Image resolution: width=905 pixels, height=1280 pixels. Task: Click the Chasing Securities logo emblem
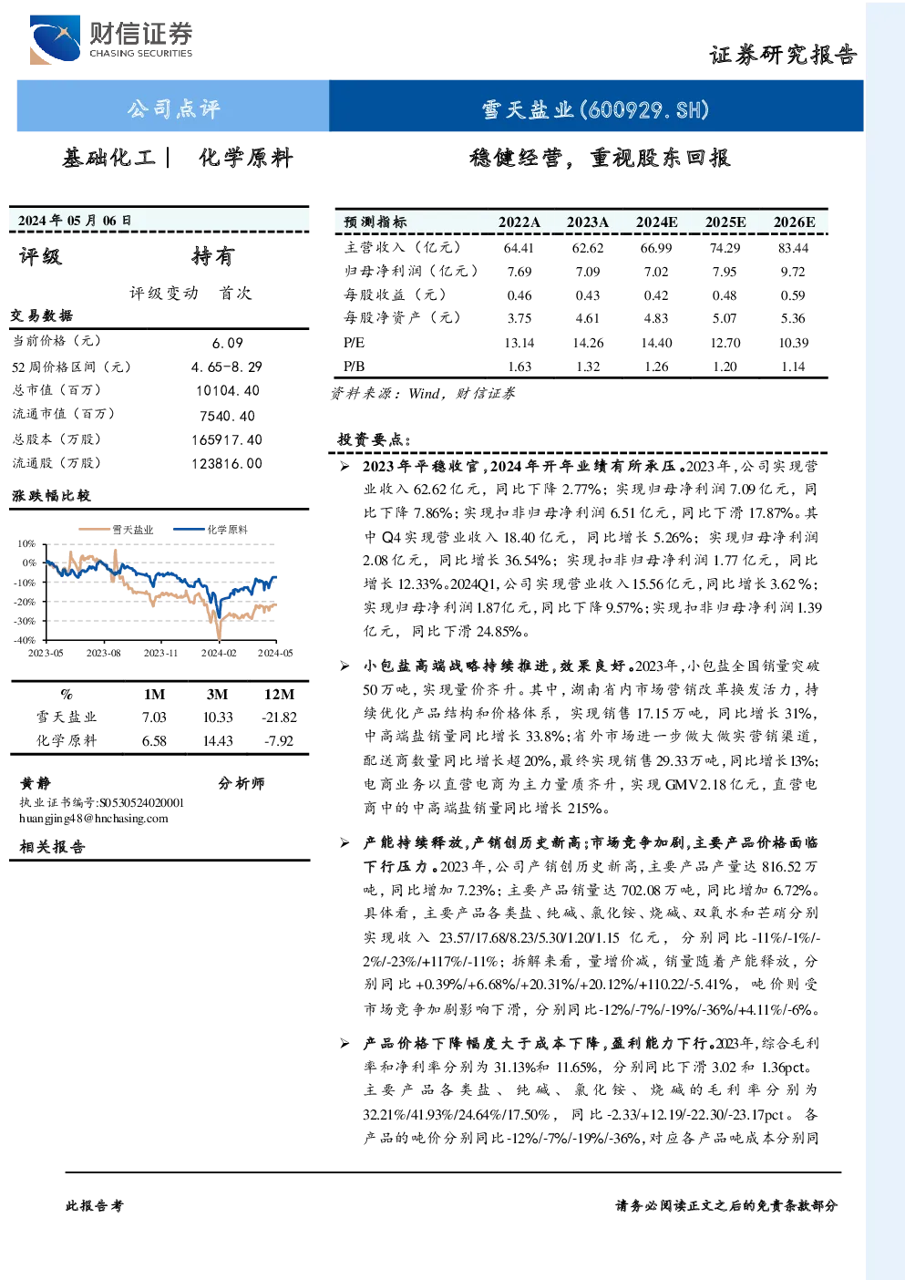55,39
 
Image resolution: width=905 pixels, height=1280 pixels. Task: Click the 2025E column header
725,222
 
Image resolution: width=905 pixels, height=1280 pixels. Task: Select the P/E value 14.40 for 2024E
656,343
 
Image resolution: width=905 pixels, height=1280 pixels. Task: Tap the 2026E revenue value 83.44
793,248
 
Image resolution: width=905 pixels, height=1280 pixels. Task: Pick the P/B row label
354,366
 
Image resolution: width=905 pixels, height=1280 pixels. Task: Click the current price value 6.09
228,343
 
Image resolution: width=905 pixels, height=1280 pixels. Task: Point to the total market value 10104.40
228,391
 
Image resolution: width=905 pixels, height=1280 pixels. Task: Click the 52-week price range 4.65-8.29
227,366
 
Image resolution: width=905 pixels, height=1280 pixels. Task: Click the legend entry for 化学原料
211,530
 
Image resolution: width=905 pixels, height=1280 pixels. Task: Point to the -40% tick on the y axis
25,640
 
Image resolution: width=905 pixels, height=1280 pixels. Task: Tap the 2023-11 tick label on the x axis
160,653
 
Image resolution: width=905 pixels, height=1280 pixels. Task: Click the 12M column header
279,695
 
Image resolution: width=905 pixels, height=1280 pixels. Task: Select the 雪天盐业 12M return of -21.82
280,717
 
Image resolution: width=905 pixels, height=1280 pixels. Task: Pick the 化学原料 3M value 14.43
218,741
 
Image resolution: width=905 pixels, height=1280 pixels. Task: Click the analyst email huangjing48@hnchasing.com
94,819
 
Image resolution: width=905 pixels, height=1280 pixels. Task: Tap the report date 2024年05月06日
75,221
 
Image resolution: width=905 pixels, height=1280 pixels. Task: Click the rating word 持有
212,256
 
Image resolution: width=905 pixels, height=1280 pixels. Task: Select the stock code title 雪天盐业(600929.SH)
595,109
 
